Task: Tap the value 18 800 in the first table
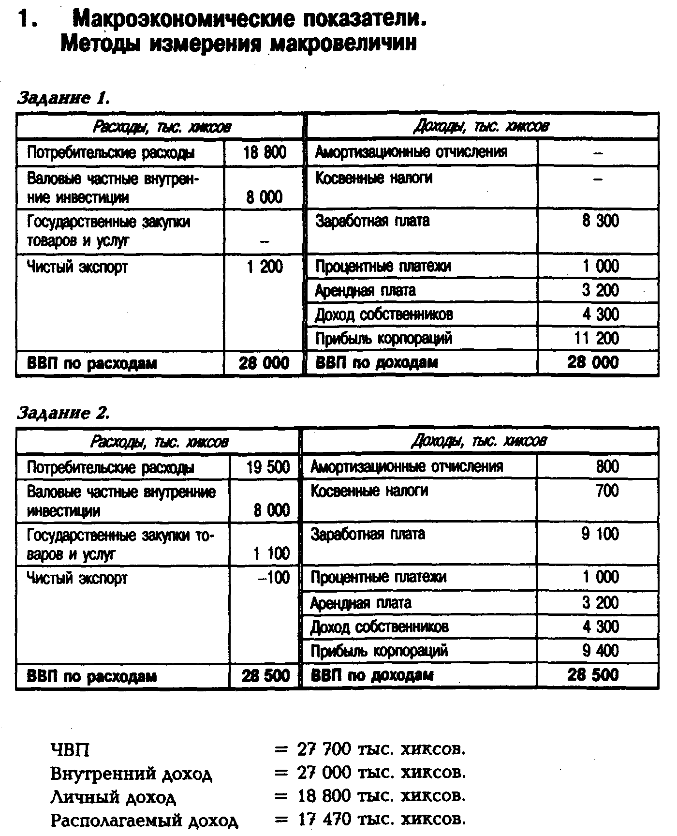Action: coord(265,153)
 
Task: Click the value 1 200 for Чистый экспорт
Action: coord(265,267)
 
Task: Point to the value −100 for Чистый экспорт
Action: coord(273,578)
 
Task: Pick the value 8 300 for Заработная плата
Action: coord(600,221)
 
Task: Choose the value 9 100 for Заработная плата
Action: coord(600,534)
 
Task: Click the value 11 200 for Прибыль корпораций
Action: coord(596,338)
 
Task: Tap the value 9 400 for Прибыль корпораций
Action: coord(600,651)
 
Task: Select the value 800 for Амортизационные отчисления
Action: coord(607,466)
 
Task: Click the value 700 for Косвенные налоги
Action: coord(607,491)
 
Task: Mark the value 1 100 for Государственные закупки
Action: coord(271,553)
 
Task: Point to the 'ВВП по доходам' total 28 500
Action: coord(593,675)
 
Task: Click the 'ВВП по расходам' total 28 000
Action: coord(264,363)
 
